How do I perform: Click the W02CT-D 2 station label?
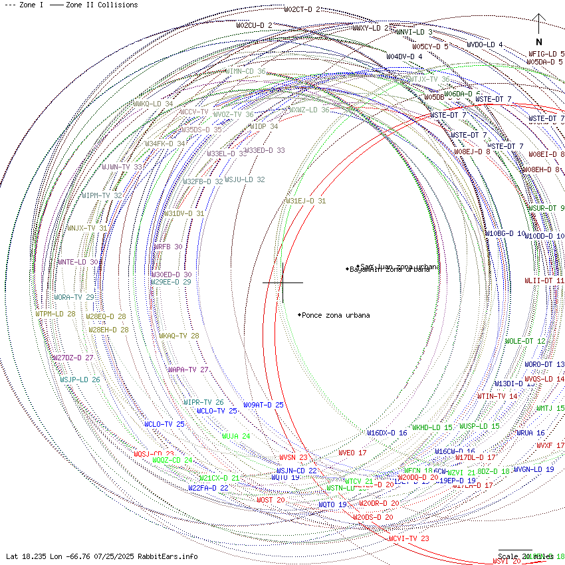(x=302, y=9)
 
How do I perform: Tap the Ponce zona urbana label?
(x=336, y=315)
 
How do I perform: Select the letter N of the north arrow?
(x=539, y=42)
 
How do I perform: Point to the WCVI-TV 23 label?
(x=409, y=538)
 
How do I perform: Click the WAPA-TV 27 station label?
(x=188, y=370)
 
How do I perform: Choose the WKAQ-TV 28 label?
(x=179, y=336)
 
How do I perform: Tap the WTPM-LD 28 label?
(x=55, y=314)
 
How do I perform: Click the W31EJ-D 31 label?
(x=306, y=201)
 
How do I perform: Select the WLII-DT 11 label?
(x=544, y=281)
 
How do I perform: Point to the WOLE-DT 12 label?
(x=525, y=341)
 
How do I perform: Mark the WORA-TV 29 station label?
(x=74, y=297)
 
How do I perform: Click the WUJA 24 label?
(x=236, y=436)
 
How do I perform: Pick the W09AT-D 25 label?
(x=263, y=405)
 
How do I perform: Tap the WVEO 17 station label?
(x=352, y=453)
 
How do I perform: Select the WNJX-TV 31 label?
(x=87, y=228)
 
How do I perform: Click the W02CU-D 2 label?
(x=254, y=25)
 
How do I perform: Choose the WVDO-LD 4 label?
(x=485, y=45)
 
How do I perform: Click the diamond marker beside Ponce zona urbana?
(x=299, y=314)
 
